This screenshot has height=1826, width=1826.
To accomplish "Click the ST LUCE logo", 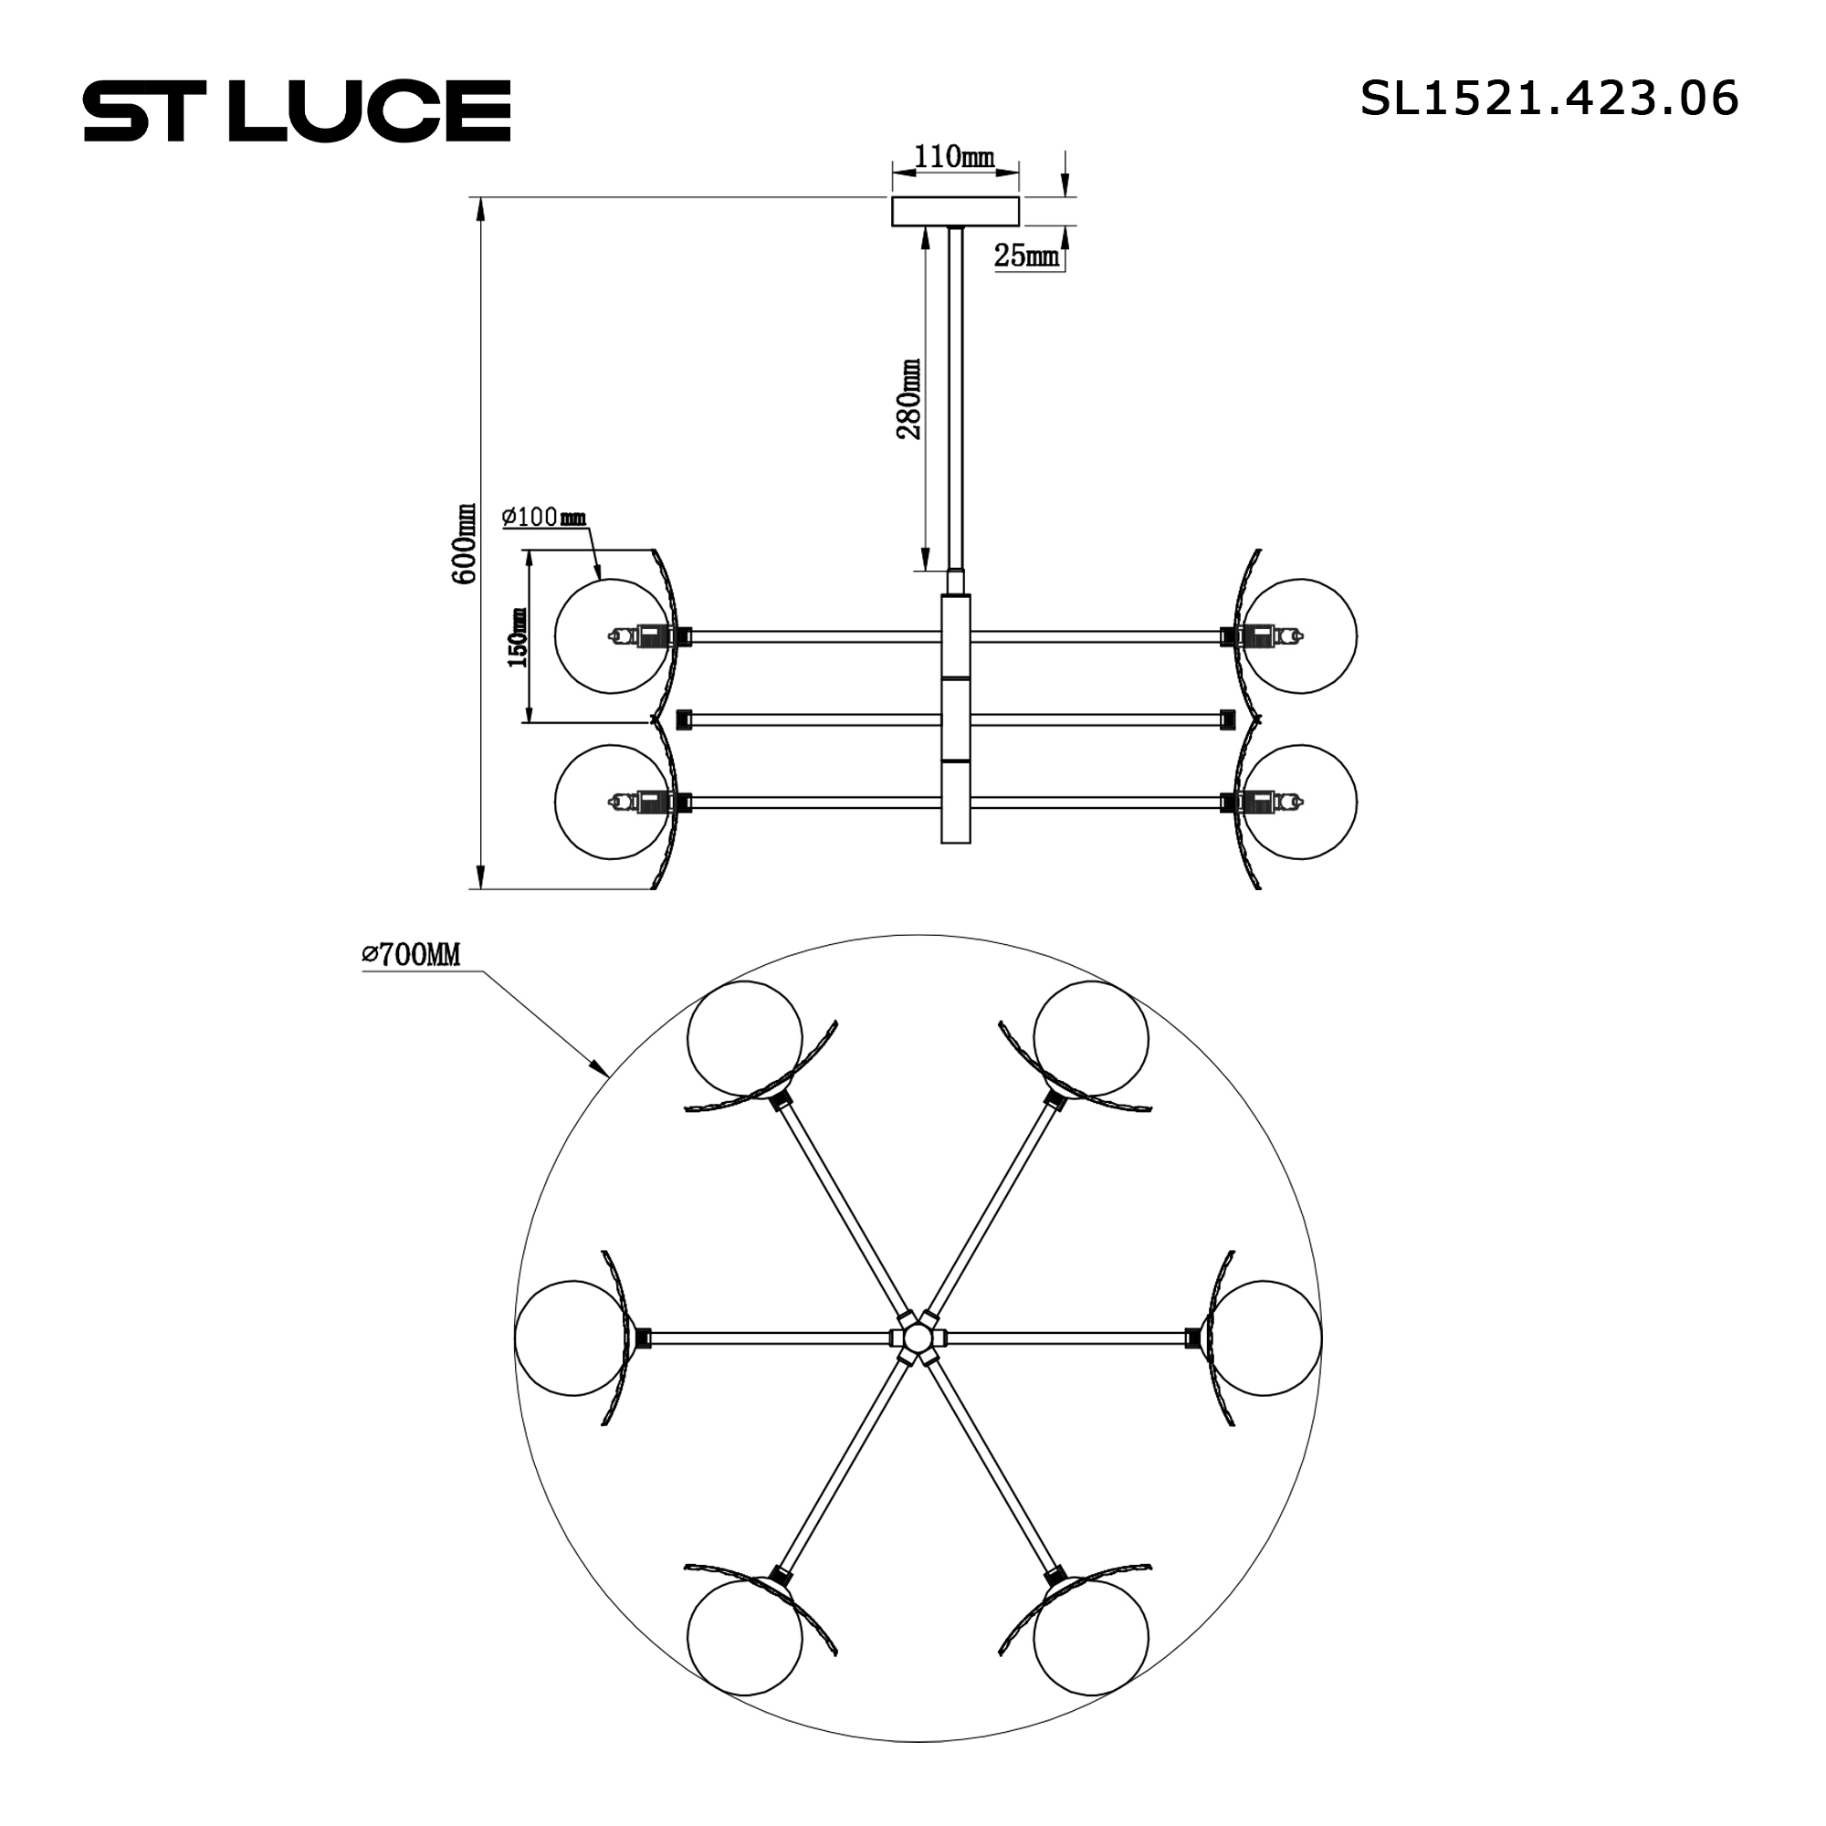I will coord(298,111).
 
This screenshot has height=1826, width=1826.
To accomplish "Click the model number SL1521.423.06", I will coord(1548,99).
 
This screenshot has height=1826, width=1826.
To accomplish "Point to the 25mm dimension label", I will coord(1027,256).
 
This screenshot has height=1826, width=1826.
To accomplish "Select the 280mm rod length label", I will coord(909,399).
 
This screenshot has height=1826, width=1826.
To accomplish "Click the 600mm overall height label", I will coord(464,542).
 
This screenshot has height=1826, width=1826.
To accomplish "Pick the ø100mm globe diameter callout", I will coord(544,517).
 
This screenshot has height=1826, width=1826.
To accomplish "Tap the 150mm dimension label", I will coord(517,638).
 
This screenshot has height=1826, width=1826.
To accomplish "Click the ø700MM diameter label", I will coord(411,956).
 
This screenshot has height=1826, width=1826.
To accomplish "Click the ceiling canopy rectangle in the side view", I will coord(957,212).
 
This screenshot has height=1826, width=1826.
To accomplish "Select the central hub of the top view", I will coord(916,1338).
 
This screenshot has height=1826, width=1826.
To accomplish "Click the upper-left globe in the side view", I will coord(610,636).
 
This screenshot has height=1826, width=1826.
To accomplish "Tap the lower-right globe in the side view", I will coord(1300,802).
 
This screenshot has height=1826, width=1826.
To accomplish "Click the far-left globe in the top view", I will coord(572,1338).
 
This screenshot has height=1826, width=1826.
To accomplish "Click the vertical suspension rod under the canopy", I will coord(956,397).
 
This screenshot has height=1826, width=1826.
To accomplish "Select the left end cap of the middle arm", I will coord(682,720).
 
